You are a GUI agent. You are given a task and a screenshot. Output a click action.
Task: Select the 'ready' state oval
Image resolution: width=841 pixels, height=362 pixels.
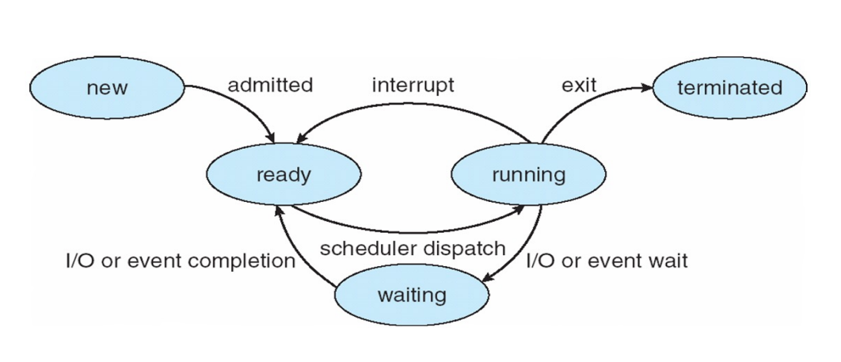pyautogui.click(x=284, y=174)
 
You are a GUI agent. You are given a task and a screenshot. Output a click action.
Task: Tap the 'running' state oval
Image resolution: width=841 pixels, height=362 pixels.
pyautogui.click(x=528, y=174)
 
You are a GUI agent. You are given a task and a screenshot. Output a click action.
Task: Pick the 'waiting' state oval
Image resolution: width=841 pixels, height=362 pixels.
pyautogui.click(x=412, y=295)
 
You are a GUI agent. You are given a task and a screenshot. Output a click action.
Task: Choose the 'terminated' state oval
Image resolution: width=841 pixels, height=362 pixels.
pyautogui.click(x=729, y=87)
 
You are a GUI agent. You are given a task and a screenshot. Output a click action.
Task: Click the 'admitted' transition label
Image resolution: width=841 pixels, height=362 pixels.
pyautogui.click(x=270, y=85)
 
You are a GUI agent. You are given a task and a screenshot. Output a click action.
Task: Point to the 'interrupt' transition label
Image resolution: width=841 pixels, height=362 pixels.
pyautogui.click(x=413, y=85)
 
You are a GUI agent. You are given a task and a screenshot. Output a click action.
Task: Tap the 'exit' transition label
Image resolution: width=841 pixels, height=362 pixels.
pyautogui.click(x=579, y=85)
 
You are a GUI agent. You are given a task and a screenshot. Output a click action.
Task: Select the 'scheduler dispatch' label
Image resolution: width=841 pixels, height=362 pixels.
pyautogui.click(x=412, y=248)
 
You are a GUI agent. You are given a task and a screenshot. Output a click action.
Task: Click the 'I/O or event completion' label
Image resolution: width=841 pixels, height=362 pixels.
pyautogui.click(x=180, y=261)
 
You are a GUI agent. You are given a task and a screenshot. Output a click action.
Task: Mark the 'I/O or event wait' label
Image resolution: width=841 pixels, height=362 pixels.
pyautogui.click(x=607, y=261)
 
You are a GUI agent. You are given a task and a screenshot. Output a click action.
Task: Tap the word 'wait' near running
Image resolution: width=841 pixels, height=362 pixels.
pyautogui.click(x=669, y=261)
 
